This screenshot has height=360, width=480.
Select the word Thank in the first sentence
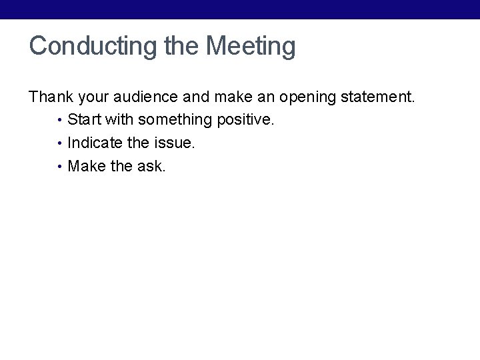[51, 97]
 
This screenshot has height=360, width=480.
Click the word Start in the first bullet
[83, 121]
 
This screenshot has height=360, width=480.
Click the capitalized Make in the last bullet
[87, 166]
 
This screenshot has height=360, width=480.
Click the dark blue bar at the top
[240, 9]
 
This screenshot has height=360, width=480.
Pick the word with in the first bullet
[119, 121]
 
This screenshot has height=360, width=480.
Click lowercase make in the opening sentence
[233, 97]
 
